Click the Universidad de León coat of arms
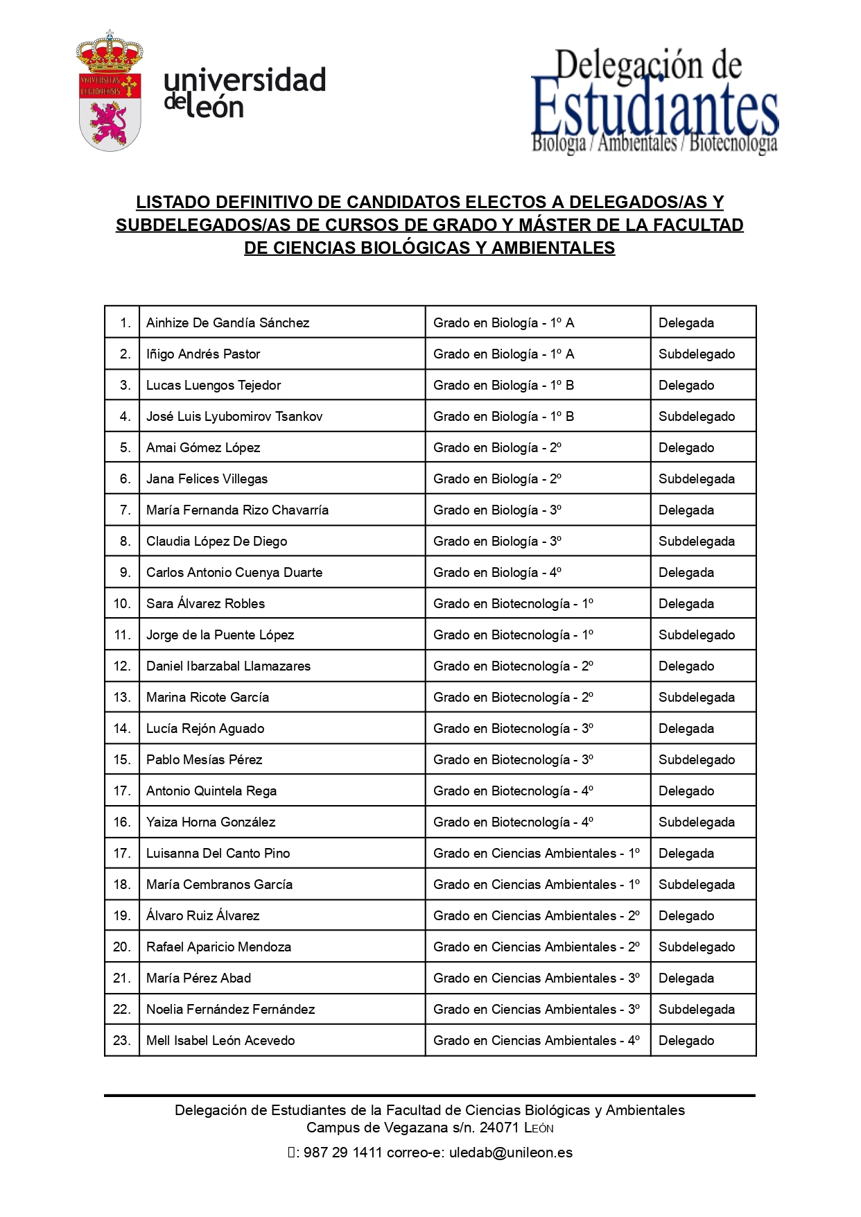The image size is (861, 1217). [x=110, y=92]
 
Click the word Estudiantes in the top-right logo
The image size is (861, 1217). [x=654, y=107]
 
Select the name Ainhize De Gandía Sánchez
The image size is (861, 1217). [x=227, y=322]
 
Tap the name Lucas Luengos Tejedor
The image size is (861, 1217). [x=214, y=385]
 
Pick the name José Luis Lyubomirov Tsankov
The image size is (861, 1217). [x=234, y=416]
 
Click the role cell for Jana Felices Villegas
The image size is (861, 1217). [x=696, y=478]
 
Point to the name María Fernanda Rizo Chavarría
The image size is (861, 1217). [x=237, y=510]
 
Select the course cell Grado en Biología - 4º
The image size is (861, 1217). [x=497, y=572]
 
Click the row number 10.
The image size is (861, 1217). [x=122, y=603]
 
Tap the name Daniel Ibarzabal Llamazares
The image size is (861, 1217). [x=228, y=666]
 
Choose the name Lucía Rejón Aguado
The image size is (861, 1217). [x=205, y=728]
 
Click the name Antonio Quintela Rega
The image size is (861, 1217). [x=211, y=791]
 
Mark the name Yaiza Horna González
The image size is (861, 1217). [x=211, y=822]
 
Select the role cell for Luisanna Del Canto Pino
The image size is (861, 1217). [x=686, y=853]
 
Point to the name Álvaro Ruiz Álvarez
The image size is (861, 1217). [x=202, y=915]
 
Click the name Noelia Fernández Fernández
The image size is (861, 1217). [x=230, y=1009]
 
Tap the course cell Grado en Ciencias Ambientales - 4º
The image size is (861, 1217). [x=536, y=1040]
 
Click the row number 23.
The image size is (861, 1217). [x=122, y=1040]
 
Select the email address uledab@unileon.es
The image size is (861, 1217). [x=511, y=1153]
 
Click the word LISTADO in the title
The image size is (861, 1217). [x=173, y=202]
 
